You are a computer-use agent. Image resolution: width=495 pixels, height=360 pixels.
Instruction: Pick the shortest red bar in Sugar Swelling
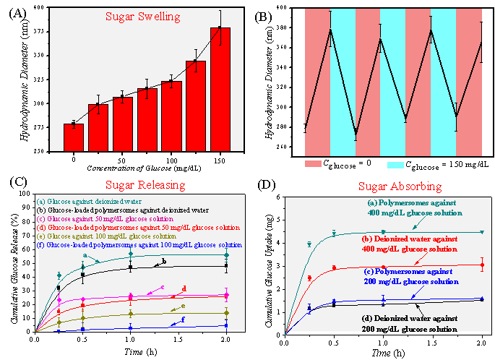[x=74, y=137]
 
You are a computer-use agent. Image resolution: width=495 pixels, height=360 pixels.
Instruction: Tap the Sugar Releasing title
[x=145, y=184]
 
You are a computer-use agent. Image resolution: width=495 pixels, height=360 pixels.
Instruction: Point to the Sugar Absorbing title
[x=400, y=187]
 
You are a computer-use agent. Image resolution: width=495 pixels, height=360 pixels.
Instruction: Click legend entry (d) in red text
[x=137, y=228]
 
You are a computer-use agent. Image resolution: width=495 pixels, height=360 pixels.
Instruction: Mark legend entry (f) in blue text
[x=138, y=245]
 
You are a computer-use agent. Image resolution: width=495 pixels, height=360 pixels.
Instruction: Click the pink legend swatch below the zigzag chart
[x=313, y=164]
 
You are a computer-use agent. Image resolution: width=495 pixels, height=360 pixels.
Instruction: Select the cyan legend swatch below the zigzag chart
[x=395, y=165]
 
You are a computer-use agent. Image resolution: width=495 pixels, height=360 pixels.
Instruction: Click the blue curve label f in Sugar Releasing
[x=183, y=319]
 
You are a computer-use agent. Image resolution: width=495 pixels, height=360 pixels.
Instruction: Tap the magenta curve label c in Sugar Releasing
[x=163, y=288]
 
